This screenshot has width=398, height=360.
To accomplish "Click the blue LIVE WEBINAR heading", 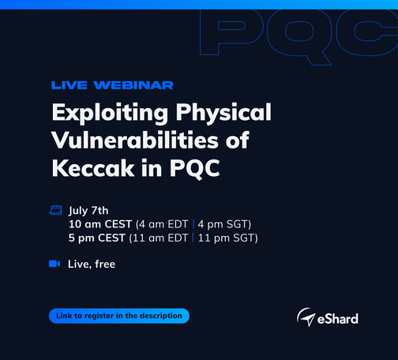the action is click(x=112, y=85).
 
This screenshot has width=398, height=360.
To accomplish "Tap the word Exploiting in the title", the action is click(x=110, y=113).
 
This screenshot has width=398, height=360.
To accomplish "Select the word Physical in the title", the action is click(x=223, y=113).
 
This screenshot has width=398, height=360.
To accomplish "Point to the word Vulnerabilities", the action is click(x=135, y=140).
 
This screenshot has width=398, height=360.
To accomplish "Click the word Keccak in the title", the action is click(x=93, y=168).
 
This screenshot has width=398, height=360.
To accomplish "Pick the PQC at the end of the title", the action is click(x=194, y=169).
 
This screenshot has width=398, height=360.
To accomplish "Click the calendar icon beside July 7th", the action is click(x=55, y=210).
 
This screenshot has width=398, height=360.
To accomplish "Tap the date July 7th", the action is click(x=88, y=211).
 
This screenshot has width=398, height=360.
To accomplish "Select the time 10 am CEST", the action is click(x=100, y=224).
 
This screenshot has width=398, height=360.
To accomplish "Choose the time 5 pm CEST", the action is click(x=96, y=238).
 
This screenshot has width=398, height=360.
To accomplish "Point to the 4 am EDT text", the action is click(x=163, y=224).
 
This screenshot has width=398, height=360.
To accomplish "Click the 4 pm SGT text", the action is click(x=223, y=224).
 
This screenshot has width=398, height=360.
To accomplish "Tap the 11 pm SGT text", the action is click(x=226, y=238).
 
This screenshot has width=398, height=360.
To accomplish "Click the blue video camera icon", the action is click(x=54, y=264).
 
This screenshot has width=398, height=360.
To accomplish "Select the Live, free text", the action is click(x=92, y=264).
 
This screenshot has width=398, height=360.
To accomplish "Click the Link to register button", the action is click(x=119, y=316).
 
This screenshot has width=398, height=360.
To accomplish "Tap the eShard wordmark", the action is click(x=338, y=319).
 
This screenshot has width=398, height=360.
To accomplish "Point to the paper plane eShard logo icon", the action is click(x=306, y=317).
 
